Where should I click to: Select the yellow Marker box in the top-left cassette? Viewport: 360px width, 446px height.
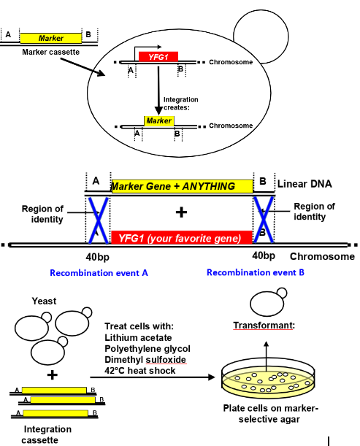tap(51, 36)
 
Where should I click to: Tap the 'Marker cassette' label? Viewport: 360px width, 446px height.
tap(50, 53)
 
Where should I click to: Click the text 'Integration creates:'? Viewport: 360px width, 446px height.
tap(180, 102)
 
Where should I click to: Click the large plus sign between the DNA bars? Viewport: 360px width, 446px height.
tap(182, 212)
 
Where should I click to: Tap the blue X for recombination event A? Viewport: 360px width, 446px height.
tap(97, 219)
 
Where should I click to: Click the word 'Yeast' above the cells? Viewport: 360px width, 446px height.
tap(44, 301)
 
